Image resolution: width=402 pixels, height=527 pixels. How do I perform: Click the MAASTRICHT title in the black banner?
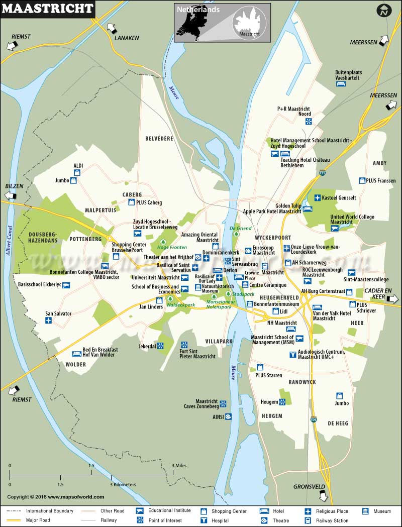click(48, 9)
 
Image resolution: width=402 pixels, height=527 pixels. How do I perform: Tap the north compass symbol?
click(384, 10)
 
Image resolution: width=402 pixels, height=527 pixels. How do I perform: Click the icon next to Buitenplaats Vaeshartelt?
click(340, 83)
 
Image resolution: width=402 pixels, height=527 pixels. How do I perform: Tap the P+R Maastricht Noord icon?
click(308, 121)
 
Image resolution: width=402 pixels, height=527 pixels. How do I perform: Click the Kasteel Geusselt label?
click(339, 198)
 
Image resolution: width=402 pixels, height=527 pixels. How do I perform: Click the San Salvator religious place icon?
click(49, 321)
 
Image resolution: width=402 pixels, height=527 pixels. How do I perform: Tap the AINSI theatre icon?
click(229, 416)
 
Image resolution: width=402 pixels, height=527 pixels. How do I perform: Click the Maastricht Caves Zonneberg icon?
click(223, 403)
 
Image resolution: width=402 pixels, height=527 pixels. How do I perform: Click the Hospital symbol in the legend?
click(204, 520)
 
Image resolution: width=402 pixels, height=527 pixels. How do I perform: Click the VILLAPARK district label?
click(219, 341)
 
